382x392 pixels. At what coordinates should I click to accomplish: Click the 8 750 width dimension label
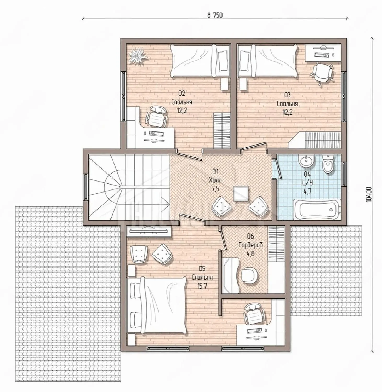coord(215,15)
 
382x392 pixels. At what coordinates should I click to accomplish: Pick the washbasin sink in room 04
coord(306,160)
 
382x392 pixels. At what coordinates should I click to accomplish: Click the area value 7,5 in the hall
coord(215,189)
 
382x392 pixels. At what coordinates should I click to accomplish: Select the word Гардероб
coord(250,245)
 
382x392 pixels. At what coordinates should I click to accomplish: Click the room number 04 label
coord(307,174)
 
